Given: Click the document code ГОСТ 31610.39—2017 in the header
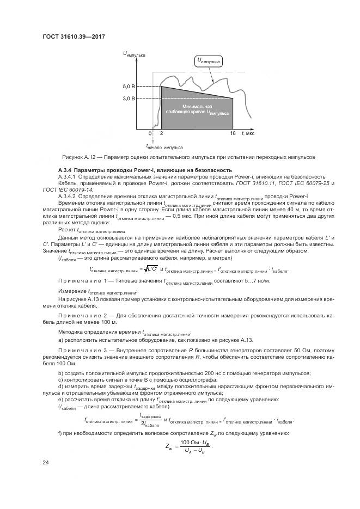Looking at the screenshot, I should (x=73, y=36).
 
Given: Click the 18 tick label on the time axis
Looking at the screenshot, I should (x=233, y=133).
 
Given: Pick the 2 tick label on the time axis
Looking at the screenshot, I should (x=161, y=133).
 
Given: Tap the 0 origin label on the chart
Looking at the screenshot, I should (x=150, y=133).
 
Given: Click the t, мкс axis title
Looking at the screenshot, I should (x=248, y=133).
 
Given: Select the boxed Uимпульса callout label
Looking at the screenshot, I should (x=209, y=62).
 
